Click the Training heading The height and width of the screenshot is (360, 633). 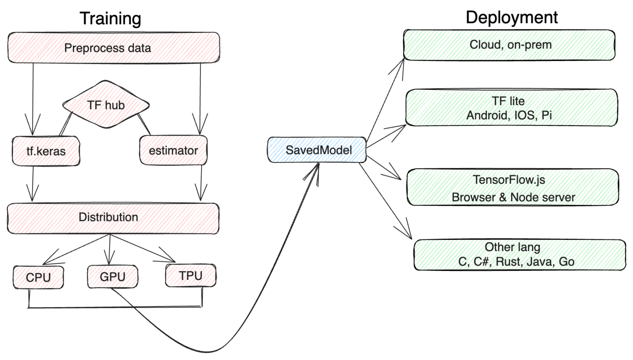[110, 19]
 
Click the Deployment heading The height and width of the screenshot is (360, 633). [511, 17]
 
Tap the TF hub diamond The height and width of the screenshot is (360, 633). [106, 105]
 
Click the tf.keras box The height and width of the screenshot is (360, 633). [46, 151]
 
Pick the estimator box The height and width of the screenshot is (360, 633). [173, 151]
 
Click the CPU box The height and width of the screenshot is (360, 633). [38, 277]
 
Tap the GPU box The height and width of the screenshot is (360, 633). [112, 276]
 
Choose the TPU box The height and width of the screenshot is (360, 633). [190, 275]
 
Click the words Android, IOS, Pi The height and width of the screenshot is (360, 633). [509, 115]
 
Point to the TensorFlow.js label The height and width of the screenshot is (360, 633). [509, 180]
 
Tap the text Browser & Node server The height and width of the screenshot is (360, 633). [513, 197]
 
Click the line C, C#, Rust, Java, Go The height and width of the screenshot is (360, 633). [516, 261]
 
